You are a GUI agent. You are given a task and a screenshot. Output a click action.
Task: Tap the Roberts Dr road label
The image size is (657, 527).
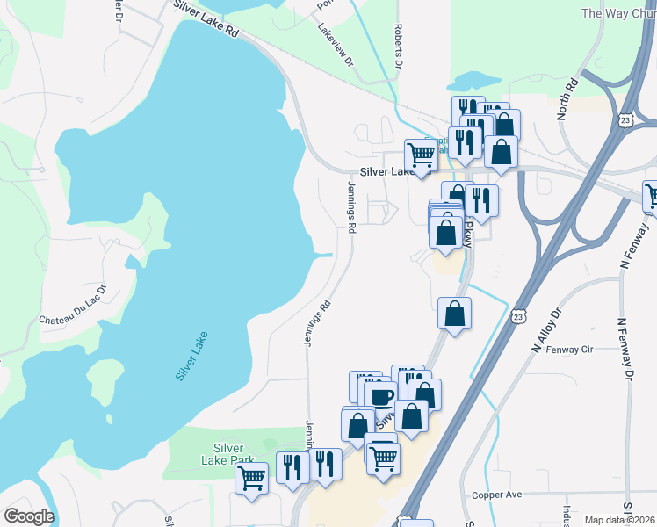coord(398,47)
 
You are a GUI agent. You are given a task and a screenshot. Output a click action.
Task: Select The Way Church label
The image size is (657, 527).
coord(619,13)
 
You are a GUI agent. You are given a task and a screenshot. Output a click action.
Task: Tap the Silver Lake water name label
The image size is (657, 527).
coord(191,355)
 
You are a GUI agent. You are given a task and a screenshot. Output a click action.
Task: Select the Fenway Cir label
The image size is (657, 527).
coord(569,350)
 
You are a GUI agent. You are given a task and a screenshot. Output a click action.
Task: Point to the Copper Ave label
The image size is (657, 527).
coord(496,495)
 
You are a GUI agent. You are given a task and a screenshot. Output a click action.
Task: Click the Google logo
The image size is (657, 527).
coord(29,516)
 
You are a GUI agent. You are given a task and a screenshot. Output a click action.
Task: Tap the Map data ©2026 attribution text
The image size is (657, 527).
coord(620,520)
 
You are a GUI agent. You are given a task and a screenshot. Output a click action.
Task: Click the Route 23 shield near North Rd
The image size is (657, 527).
coord(625,121)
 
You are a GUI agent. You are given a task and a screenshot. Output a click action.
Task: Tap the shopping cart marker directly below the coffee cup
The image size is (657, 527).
coord(383,457)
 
